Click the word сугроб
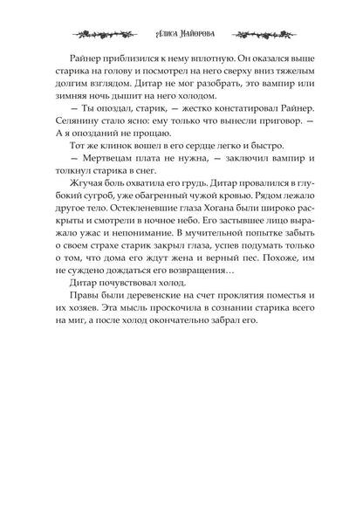pyautogui.click(x=102, y=250)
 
